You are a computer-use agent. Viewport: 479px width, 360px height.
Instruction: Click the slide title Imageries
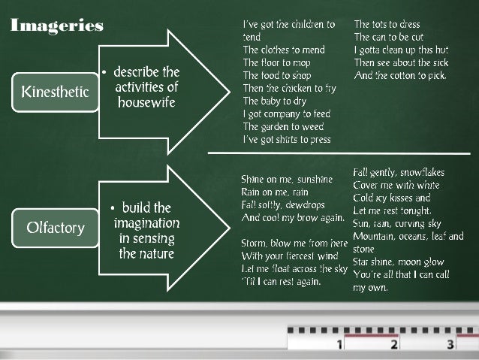[x=57, y=26]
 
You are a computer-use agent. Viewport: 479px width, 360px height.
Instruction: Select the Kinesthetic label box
[x=55, y=92]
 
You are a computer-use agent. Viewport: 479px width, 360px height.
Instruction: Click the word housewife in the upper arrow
[x=146, y=101]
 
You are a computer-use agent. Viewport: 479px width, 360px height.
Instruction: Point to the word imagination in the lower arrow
[x=146, y=223]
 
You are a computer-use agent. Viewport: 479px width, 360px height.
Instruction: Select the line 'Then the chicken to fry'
[x=288, y=88]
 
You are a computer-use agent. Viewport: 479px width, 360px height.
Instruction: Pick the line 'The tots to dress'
[x=387, y=24]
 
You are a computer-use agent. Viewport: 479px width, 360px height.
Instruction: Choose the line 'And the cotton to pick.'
[x=400, y=75]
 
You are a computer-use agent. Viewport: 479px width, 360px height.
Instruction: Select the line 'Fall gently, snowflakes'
[x=396, y=173]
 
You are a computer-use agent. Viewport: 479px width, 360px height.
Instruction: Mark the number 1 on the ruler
[x=339, y=345]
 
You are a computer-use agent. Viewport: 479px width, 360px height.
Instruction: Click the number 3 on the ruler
[x=450, y=345]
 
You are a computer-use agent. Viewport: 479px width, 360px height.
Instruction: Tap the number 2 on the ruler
[x=394, y=345]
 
